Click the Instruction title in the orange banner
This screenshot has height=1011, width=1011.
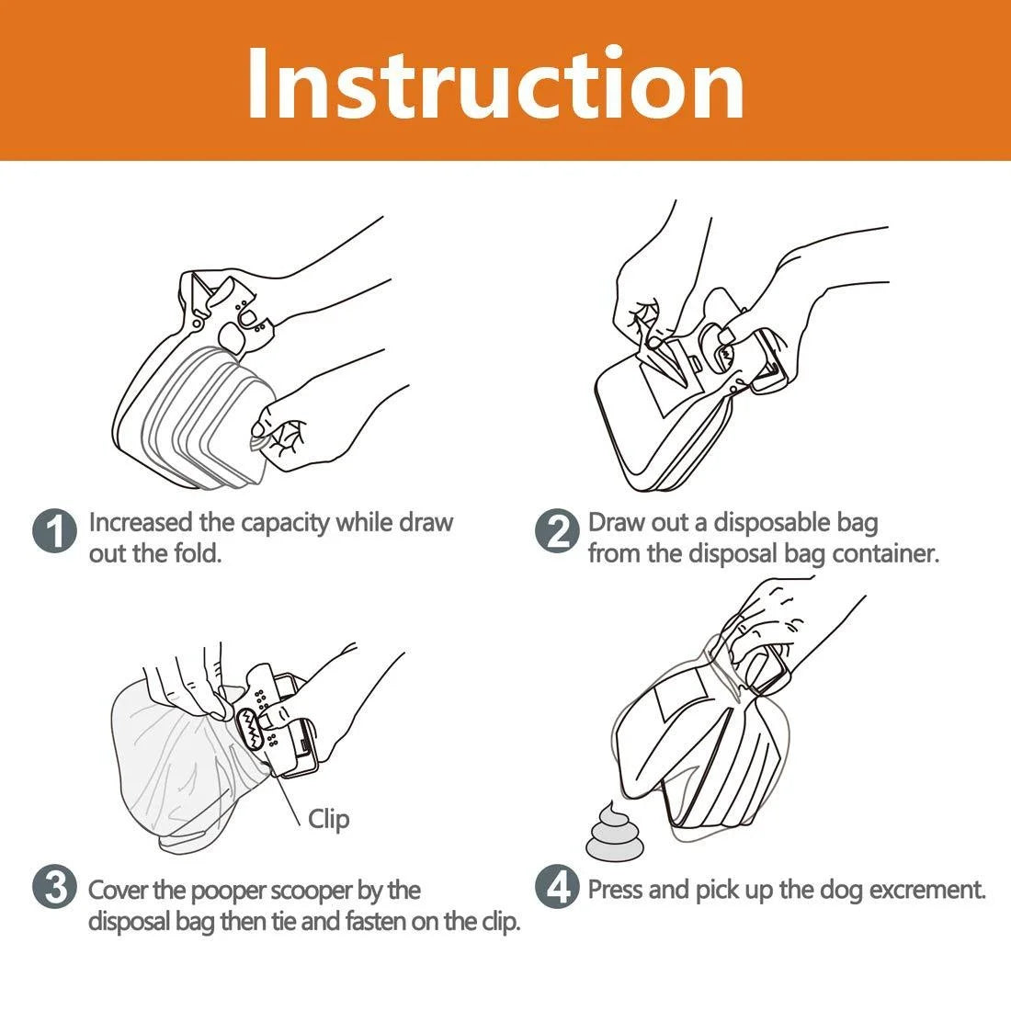495,83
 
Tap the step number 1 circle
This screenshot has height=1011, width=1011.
54,533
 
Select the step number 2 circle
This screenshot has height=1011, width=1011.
557,533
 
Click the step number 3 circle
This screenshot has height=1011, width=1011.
54,889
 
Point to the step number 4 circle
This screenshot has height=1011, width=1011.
557,889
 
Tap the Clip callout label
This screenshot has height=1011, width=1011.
328,819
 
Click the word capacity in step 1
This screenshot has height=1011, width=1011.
285,523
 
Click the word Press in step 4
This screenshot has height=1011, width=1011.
618,890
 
